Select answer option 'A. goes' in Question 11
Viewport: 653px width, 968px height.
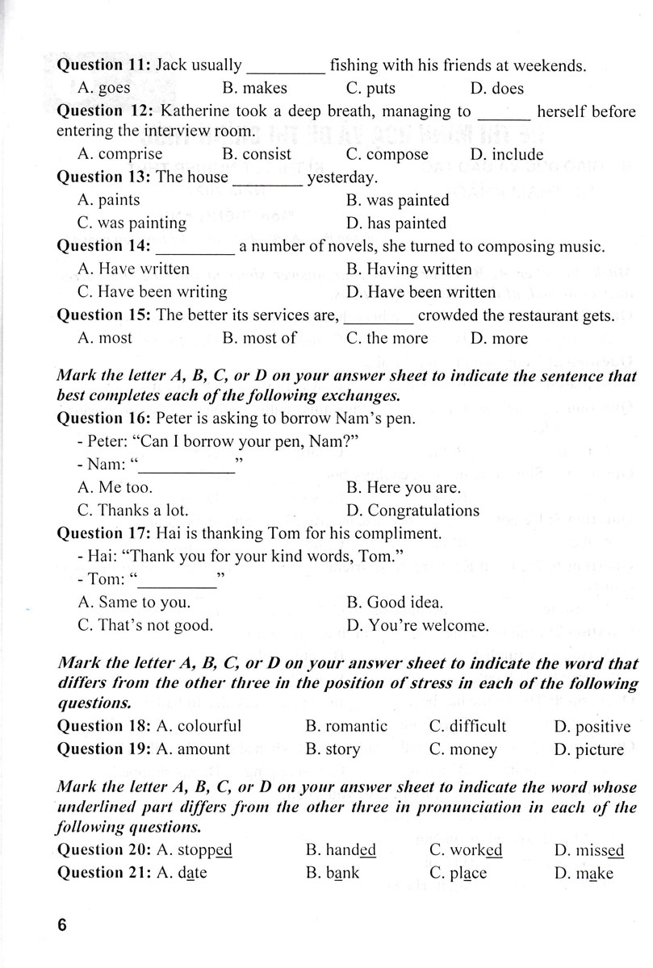(x=103, y=89)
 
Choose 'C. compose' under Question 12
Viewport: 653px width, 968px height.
(x=387, y=155)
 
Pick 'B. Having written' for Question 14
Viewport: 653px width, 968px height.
(x=408, y=269)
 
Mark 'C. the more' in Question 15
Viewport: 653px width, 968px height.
(x=387, y=339)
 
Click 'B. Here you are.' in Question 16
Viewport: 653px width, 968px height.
(x=403, y=488)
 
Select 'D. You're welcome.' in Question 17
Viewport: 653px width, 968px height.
(x=417, y=625)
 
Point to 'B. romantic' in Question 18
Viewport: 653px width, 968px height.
(x=346, y=726)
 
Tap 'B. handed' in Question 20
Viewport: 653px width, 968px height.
(x=341, y=850)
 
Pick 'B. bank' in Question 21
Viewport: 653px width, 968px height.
(x=333, y=874)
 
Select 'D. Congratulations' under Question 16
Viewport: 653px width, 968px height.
(x=412, y=511)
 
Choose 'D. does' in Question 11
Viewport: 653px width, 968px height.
(x=496, y=89)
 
